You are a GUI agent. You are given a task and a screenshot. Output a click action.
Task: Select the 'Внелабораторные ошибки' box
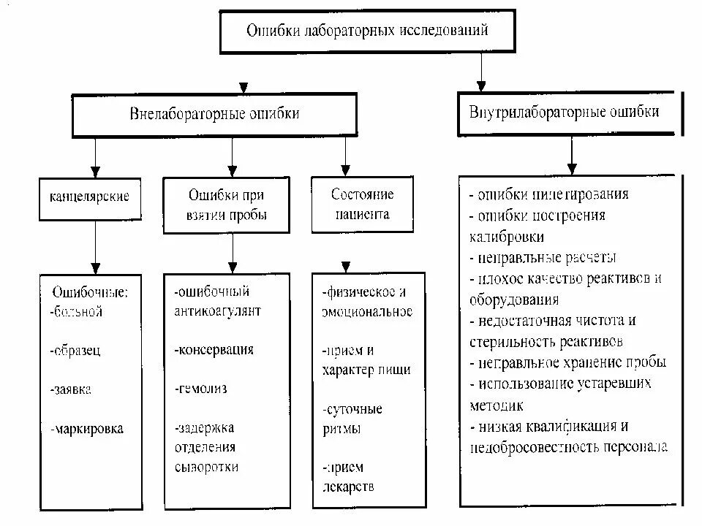pos(214,114)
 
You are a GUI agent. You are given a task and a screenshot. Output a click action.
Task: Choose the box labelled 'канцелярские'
pos(89,197)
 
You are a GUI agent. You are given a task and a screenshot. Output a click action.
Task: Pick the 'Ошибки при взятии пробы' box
pos(227,205)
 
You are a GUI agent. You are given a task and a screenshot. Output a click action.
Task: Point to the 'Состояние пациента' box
pos(362,205)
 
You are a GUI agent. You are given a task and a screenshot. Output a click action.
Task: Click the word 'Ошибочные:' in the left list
pos(90,292)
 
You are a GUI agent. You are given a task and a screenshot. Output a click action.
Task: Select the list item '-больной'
pos(77,312)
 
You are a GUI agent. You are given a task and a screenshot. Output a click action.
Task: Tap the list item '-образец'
pos(76,350)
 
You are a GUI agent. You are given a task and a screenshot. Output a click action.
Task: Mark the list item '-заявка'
pos(72,389)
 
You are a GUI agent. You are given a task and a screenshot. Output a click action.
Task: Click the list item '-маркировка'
pos(87,429)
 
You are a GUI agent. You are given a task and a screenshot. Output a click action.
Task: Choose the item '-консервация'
pos(214,349)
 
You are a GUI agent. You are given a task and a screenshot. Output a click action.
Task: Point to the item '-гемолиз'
pos(201,389)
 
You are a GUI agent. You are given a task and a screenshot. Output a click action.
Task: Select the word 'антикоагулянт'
pos(217,311)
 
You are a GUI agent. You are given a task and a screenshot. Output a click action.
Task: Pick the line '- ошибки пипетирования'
pos(548,196)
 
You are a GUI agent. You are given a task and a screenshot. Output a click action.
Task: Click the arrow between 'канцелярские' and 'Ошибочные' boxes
pos(95,248)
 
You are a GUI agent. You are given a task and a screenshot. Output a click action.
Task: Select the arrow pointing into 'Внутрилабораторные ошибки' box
pos(480,73)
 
